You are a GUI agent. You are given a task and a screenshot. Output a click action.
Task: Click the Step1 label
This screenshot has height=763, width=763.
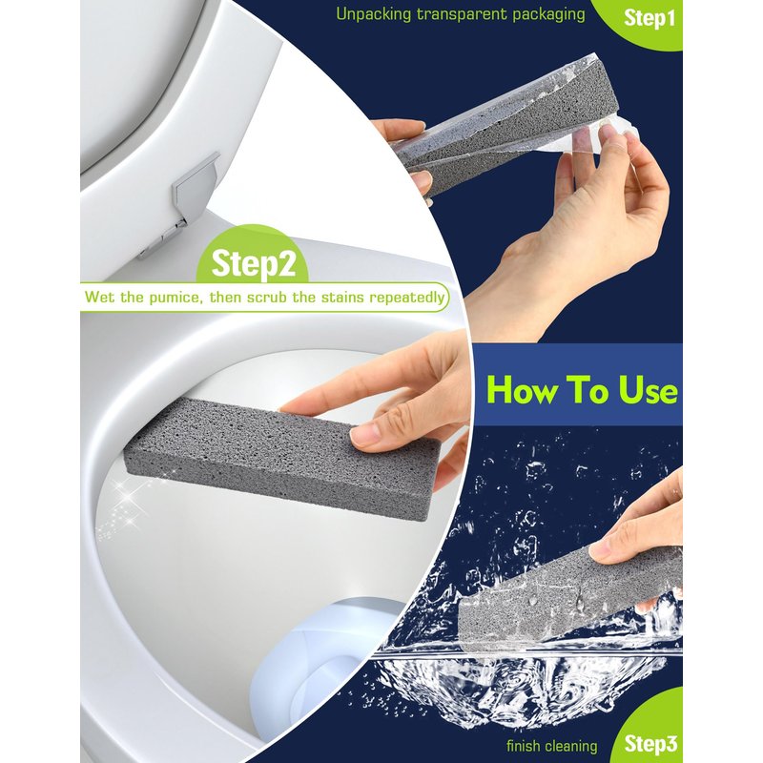tap(650, 18)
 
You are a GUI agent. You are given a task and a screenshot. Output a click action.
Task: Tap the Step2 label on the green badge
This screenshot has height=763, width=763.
tap(254, 263)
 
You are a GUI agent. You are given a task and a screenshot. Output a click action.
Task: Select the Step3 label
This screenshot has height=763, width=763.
tap(650, 744)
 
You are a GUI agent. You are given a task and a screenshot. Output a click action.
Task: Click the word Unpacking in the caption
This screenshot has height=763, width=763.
tap(374, 14)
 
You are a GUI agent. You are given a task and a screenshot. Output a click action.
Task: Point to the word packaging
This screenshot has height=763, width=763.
tap(547, 14)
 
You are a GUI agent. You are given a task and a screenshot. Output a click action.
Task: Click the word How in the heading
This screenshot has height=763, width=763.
tap(520, 390)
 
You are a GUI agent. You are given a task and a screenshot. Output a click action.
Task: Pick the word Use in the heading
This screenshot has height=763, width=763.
tap(649, 390)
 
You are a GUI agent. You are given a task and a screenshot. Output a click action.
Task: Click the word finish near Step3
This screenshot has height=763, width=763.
tap(523, 746)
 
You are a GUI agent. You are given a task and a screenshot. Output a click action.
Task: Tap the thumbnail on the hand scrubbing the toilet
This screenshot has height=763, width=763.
tap(366, 435)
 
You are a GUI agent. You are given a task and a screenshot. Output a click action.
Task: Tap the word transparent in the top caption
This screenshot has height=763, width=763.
tap(462, 14)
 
